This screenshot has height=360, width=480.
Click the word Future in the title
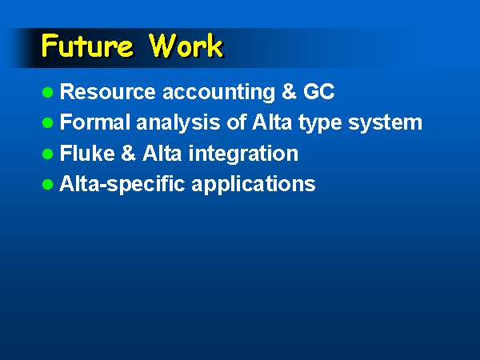pos(87,46)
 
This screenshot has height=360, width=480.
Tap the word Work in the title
pos(186,46)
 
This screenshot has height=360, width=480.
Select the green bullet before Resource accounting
pos(47,92)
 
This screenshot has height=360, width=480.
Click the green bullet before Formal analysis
pos(47,122)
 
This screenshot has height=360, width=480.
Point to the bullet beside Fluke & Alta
pos(47,154)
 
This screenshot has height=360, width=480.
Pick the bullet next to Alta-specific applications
pos(47,184)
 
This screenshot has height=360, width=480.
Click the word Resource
pos(108,91)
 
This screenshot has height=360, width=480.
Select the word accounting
pos(218,93)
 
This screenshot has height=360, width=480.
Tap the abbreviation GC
pos(318,91)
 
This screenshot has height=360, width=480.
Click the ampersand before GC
pos(289,91)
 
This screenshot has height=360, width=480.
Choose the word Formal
pos(95,122)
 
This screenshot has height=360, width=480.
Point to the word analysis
pos(178,124)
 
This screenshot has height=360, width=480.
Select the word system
pos(385,124)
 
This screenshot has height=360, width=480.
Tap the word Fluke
pos(87,153)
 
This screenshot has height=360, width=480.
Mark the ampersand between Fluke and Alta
pos(129,153)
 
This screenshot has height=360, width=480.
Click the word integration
pos(243,154)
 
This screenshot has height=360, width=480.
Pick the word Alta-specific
pos(122,185)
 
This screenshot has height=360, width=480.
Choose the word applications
pos(254,185)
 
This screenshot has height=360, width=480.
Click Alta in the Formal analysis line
pos(272,122)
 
